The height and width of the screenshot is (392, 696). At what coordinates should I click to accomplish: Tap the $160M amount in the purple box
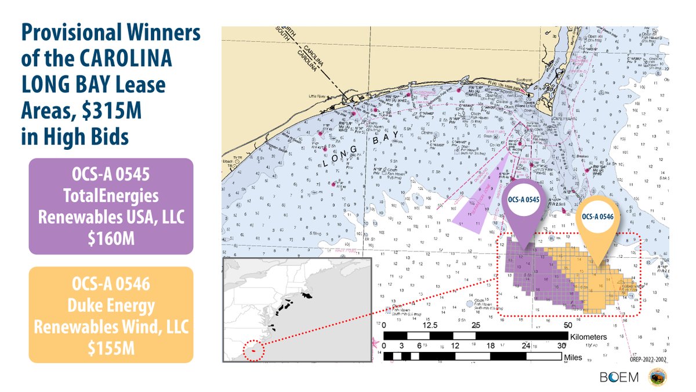(x=111, y=237)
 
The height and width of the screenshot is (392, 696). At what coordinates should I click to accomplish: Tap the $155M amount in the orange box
(x=111, y=346)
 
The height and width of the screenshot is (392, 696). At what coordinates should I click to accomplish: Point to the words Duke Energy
(x=111, y=307)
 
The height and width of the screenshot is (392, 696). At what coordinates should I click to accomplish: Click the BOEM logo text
(x=617, y=377)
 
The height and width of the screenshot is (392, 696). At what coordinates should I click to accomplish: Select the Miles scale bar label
(x=574, y=358)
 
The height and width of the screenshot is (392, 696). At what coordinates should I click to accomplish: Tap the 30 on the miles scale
(x=561, y=346)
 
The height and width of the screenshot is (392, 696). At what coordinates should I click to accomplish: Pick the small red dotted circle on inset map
(x=253, y=350)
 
